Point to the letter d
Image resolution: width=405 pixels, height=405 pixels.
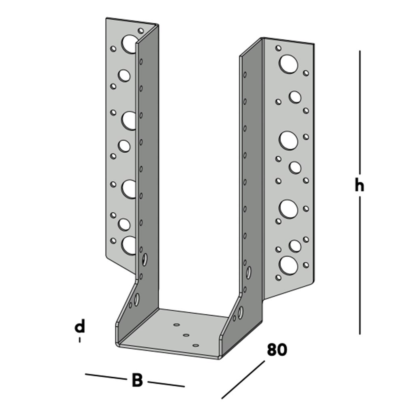click(x=80, y=326)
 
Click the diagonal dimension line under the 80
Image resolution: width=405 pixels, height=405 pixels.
click(x=243, y=379)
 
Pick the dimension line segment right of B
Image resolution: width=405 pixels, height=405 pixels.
click(x=166, y=384)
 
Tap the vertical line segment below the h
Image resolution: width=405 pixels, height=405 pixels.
click(x=359, y=267)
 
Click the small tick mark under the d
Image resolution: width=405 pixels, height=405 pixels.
click(x=80, y=340)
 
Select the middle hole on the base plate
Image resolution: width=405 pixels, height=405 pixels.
click(x=186, y=335)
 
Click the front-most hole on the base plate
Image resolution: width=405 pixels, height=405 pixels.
click(x=196, y=345)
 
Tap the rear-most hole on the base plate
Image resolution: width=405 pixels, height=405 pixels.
click(x=176, y=324)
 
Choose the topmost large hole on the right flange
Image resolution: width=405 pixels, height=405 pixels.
click(x=288, y=64)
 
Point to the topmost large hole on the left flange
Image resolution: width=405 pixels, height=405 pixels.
click(x=130, y=44)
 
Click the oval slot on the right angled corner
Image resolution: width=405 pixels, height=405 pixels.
click(x=241, y=312)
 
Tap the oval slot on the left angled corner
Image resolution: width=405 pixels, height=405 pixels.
click(x=137, y=299)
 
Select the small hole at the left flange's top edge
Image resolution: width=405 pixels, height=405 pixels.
click(x=141, y=30)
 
